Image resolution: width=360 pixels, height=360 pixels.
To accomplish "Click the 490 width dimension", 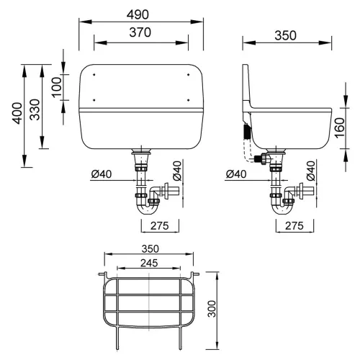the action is tap(138, 14).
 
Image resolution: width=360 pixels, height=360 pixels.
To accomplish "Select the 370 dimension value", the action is tap(140, 32).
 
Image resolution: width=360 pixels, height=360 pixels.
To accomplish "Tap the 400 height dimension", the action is tap(17, 113).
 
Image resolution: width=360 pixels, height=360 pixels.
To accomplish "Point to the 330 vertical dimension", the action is tap(35, 109).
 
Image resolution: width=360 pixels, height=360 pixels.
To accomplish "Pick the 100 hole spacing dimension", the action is tap(57, 87).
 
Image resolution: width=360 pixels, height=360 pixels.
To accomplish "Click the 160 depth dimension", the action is tap(340, 128).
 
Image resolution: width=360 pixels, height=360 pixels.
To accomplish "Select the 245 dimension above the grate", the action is tap(149, 264).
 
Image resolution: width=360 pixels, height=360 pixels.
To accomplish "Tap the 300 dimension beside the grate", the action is tap(212, 309).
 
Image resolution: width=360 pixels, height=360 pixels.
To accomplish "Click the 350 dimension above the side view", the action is tap(285, 35).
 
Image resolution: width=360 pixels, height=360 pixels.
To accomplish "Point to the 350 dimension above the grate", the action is tap(150, 249).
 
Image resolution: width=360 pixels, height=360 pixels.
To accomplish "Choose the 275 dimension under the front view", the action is tap(160, 226).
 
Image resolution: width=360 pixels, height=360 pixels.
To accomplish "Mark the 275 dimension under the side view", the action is tap(294, 226).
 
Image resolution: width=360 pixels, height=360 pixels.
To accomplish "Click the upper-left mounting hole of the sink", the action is tap(94, 75).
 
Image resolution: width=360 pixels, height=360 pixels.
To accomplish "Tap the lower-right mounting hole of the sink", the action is tap(189, 100).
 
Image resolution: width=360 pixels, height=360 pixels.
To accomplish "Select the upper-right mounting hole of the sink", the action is tap(189, 75).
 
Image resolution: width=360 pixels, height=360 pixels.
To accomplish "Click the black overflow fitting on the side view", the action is tap(246, 131).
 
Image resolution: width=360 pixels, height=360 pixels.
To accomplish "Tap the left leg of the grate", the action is tap(117, 337).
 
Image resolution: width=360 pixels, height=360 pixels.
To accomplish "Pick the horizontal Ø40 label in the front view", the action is tap(102, 174).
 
